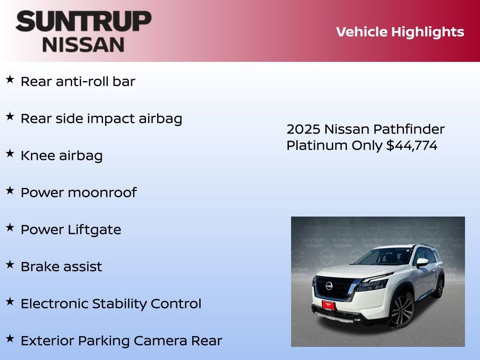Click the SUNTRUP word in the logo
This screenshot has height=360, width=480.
pyautogui.click(x=83, y=22)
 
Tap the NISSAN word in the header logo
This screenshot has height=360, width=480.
pyautogui.click(x=83, y=45)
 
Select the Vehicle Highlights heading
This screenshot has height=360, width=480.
pyautogui.click(x=400, y=32)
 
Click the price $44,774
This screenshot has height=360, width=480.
pyautogui.click(x=412, y=146)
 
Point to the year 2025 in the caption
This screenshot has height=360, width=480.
pyautogui.click(x=303, y=129)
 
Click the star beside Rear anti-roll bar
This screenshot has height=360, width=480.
pyautogui.click(x=10, y=80)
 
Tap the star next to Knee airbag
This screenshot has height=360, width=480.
pyautogui.click(x=10, y=154)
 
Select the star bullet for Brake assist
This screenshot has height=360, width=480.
pyautogui.click(x=10, y=265)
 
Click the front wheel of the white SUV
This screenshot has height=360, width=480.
pyautogui.click(x=401, y=311)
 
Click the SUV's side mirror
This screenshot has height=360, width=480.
pyautogui.click(x=422, y=262)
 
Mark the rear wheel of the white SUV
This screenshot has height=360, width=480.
pyautogui.click(x=440, y=287)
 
